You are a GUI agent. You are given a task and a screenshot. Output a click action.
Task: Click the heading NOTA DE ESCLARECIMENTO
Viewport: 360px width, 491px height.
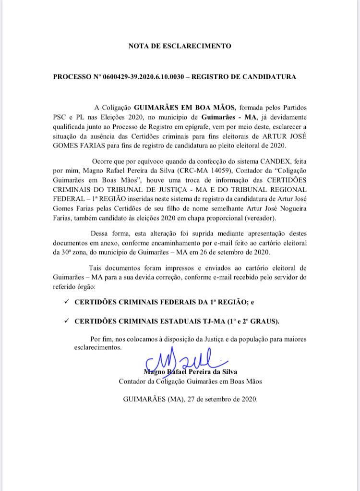[180, 46]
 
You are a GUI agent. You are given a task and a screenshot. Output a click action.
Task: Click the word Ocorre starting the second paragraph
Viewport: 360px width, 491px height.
[101, 162]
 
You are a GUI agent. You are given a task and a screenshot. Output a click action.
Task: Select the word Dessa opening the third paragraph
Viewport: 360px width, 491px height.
[93, 233]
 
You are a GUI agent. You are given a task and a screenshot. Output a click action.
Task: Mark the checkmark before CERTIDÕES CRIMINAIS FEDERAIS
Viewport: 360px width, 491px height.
[66, 301]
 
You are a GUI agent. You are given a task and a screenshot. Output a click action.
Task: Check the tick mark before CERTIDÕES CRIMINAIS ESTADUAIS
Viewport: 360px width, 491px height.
[66, 319]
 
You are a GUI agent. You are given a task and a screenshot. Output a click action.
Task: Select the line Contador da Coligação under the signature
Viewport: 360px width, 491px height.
[190, 381]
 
